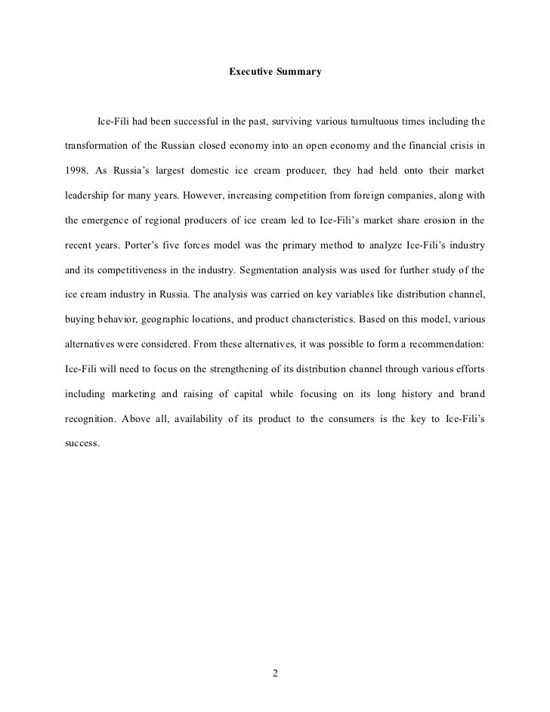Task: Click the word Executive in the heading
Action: pos(251,72)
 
